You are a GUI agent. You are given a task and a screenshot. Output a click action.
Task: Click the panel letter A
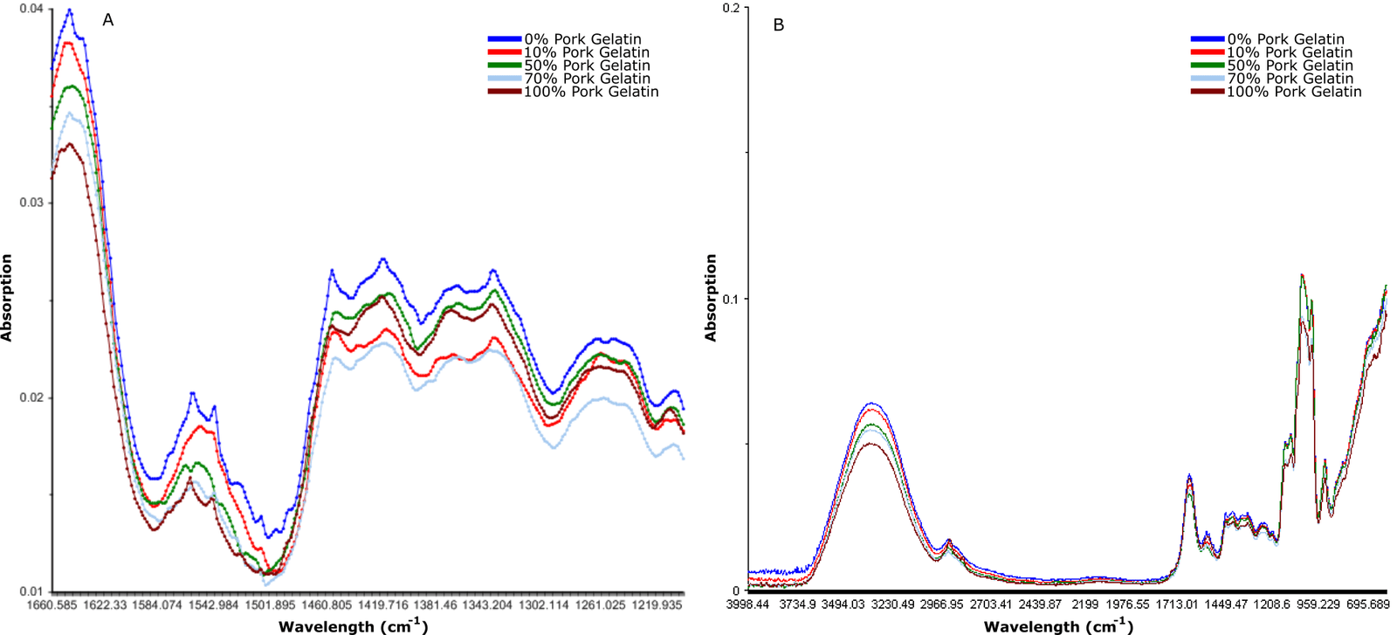(x=108, y=19)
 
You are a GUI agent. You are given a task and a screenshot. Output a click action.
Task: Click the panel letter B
(x=779, y=25)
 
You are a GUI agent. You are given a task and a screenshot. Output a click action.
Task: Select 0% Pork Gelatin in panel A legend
(x=582, y=39)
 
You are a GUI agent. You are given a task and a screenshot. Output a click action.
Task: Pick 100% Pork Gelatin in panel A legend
(x=590, y=92)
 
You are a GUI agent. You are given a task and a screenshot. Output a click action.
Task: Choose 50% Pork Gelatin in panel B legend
(x=1290, y=66)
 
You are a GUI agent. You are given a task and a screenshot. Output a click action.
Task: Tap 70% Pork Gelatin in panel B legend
(x=1290, y=79)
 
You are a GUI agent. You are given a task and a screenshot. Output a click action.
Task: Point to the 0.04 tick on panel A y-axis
(x=31, y=9)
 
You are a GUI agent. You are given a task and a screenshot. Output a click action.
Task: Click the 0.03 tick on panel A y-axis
(x=31, y=203)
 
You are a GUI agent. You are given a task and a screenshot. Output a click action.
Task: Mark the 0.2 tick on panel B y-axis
(x=731, y=8)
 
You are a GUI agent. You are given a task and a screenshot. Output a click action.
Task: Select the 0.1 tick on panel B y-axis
(x=731, y=300)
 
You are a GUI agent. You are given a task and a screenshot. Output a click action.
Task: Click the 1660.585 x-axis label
(x=53, y=604)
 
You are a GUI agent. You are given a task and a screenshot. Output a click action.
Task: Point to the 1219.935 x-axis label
(x=655, y=604)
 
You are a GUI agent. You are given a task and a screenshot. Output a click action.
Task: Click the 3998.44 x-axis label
(x=748, y=604)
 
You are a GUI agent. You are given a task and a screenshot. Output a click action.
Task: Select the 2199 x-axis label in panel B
(x=1085, y=604)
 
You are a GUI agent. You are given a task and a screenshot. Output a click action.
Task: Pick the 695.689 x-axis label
(x=1367, y=604)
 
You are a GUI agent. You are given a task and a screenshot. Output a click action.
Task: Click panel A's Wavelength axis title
(x=353, y=625)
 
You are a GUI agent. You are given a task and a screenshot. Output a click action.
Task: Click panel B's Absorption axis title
(x=710, y=298)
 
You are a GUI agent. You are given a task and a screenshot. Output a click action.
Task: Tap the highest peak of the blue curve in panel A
(x=70, y=10)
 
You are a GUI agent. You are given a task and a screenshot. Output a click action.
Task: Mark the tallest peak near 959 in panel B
(x=1302, y=275)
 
